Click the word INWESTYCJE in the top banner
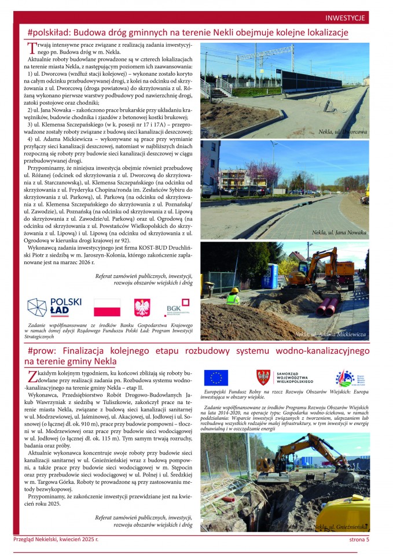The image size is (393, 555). (x=345, y=18)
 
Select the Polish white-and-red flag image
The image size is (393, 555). (x=107, y=308)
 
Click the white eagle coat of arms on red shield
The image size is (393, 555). (x=142, y=308)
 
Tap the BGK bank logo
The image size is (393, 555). (x=177, y=308)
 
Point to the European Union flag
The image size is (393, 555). (x=216, y=378)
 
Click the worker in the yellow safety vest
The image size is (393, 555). (x=233, y=297)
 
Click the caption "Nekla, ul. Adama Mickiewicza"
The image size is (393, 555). (x=330, y=334)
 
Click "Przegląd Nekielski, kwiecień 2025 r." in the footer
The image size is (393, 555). (x=56, y=540)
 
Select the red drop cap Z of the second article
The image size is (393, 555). (x=32, y=376)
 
